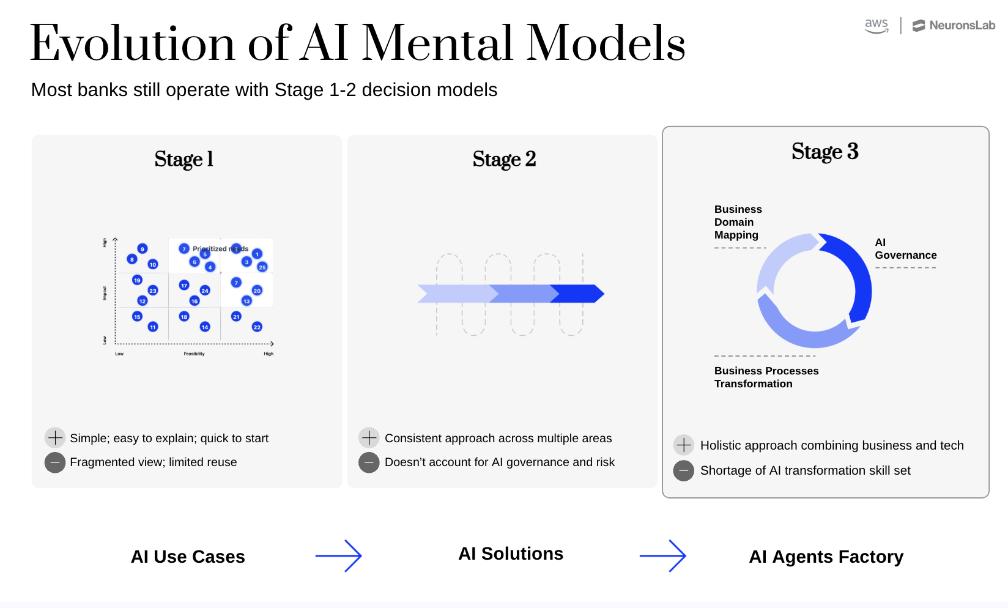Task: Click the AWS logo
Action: [876, 26]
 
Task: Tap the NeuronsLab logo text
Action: [962, 26]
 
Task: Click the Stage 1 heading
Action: [184, 159]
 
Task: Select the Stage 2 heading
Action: [504, 159]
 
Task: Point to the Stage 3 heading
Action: [825, 151]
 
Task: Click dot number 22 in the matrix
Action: [257, 327]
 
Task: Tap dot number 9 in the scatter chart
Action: [143, 249]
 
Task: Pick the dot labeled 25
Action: [262, 267]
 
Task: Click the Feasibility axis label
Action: [194, 354]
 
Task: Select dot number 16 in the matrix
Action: [194, 301]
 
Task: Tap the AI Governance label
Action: [905, 249]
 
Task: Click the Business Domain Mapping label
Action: [738, 222]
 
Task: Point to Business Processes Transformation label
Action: [766, 377]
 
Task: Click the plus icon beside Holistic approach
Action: [683, 445]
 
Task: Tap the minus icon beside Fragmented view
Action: [55, 462]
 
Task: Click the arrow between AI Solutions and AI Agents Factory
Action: [663, 556]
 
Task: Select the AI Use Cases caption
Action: [188, 557]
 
